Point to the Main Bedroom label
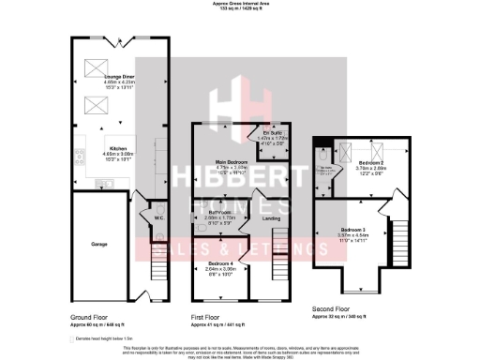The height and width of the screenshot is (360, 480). [x=230, y=162]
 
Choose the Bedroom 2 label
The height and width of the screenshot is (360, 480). [x=371, y=163]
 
